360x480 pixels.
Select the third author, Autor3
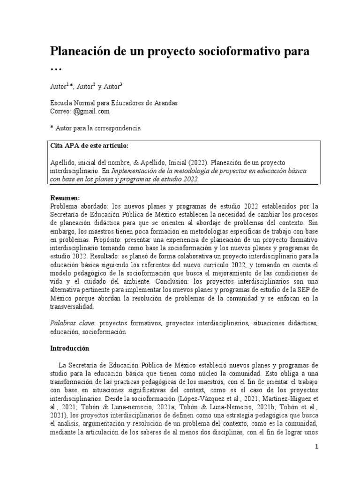(x=114, y=86)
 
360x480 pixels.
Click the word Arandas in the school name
(x=163, y=103)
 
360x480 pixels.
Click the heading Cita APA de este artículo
(x=89, y=146)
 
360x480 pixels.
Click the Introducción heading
(x=69, y=349)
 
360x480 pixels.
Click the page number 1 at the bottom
(x=316, y=447)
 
